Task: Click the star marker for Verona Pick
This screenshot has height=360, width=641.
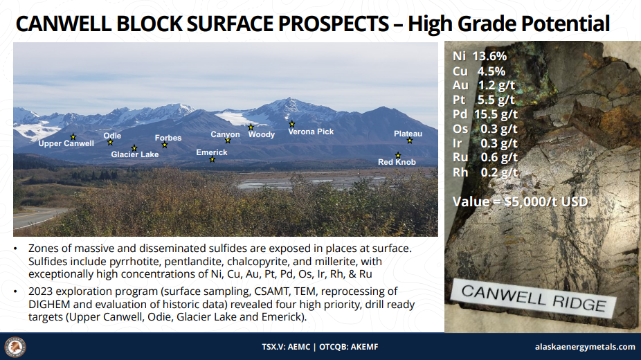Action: (292, 124)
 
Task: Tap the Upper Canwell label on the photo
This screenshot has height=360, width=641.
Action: (66, 143)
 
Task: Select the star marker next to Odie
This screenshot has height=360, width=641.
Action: (110, 142)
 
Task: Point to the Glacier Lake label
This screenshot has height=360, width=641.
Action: (135, 154)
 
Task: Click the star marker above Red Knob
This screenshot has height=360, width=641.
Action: (398, 155)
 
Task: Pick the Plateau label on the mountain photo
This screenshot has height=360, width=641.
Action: (408, 134)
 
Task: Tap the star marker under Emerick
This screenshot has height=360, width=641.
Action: (213, 159)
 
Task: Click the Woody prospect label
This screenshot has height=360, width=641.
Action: (262, 134)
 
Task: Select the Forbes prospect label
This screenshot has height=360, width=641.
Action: (168, 138)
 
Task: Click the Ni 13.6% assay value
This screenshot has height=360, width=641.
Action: (480, 56)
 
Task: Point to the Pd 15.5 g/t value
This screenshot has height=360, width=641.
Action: (485, 114)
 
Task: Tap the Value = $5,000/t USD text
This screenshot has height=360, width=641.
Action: (520, 201)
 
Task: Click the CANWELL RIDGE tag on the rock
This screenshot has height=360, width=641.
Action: (534, 298)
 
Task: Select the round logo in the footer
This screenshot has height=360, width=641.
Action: (15, 348)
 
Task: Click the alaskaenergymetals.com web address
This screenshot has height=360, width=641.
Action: (585, 347)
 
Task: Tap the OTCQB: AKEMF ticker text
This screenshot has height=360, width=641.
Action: (349, 347)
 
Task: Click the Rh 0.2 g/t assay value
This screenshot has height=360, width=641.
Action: (485, 172)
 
